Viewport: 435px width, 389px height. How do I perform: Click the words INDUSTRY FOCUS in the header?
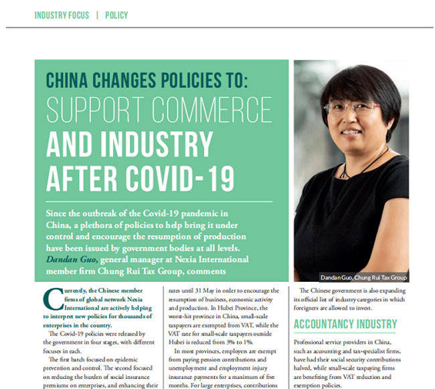tap(61, 15)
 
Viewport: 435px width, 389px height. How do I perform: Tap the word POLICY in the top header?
tap(116, 15)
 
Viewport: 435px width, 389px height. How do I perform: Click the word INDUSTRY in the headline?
tap(158, 144)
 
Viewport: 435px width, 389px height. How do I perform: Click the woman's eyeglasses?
tap(353, 107)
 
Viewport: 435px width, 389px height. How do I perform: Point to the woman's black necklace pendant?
tap(345, 175)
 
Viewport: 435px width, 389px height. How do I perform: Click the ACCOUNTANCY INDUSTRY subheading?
tap(345, 325)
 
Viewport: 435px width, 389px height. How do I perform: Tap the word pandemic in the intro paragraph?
tap(197, 213)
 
